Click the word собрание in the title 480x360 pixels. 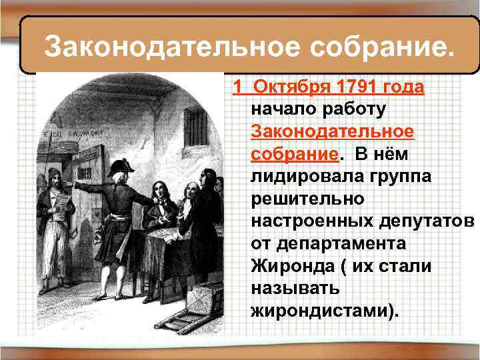click(379, 47)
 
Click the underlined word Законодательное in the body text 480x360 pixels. click(333, 131)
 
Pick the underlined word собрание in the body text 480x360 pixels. click(294, 154)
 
